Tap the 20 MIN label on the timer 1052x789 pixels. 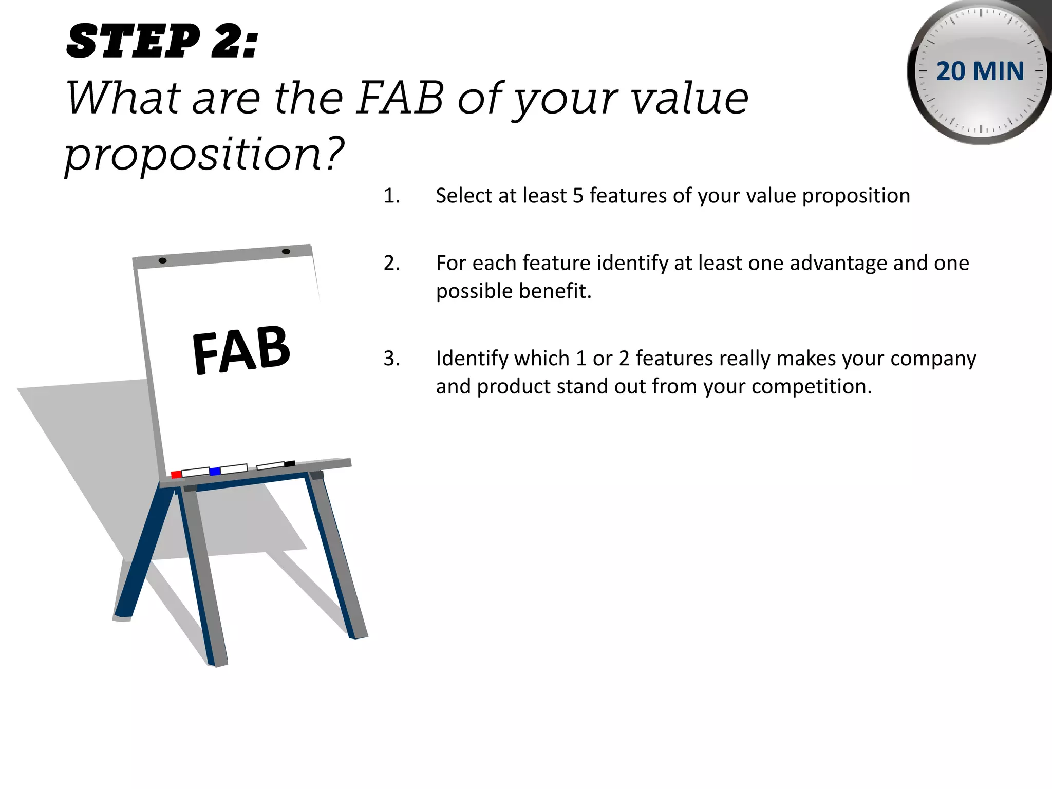tap(980, 71)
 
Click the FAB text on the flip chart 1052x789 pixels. tap(241, 350)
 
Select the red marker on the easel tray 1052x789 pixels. tap(176, 474)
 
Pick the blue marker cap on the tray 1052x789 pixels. tap(215, 471)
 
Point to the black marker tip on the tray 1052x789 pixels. tap(290, 463)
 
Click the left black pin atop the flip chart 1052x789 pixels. tap(162, 260)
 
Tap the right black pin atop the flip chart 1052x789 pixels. tap(286, 251)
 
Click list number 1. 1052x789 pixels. tap(391, 196)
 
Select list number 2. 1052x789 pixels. tap(391, 264)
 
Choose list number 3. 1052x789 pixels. tap(391, 359)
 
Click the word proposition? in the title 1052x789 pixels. tap(204, 154)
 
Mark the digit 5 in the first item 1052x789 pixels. tap(578, 196)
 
